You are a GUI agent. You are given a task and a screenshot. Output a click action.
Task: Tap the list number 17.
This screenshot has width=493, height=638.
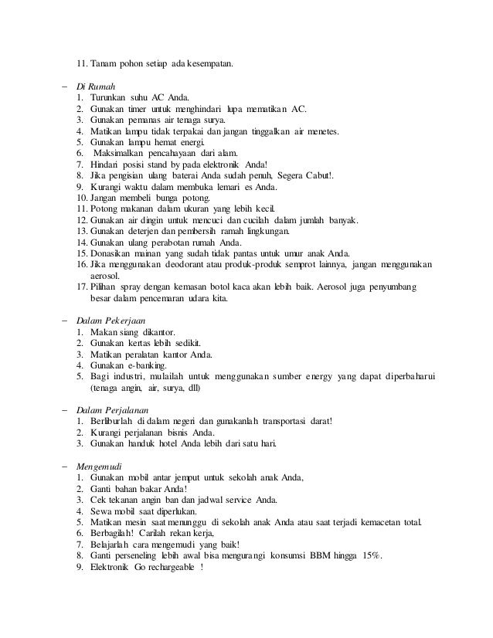[81, 287]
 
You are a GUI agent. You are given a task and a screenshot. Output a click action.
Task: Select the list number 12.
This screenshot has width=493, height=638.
[81, 220]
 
